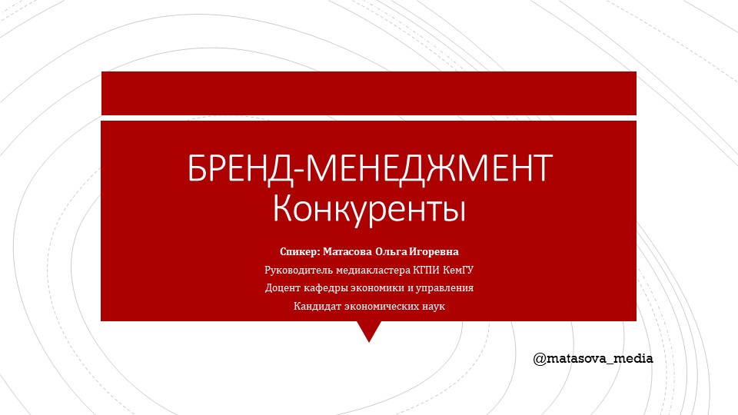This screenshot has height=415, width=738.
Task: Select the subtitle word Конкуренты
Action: [x=370, y=208]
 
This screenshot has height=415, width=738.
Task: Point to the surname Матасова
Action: [x=347, y=252]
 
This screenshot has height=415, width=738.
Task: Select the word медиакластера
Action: [x=367, y=271]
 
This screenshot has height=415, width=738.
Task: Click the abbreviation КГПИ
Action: [x=427, y=271]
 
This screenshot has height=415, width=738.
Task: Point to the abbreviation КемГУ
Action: [x=458, y=271]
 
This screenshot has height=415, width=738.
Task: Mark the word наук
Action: [x=432, y=307]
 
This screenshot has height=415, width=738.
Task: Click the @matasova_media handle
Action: [x=593, y=358]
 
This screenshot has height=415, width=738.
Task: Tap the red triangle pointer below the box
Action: [x=369, y=329]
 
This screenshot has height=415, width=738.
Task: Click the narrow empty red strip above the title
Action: [x=369, y=93]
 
